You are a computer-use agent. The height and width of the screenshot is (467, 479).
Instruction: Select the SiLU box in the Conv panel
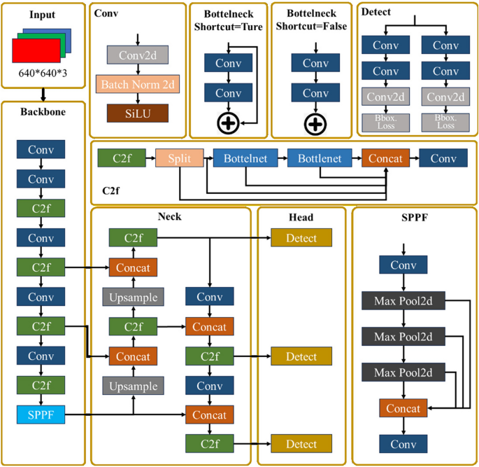point(138,113)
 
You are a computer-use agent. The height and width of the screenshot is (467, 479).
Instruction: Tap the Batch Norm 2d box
point(138,85)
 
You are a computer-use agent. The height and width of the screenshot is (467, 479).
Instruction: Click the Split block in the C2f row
point(179,159)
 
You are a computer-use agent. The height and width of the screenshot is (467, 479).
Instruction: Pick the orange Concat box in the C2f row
point(385,159)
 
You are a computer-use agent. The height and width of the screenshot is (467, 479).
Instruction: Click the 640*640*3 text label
point(43,74)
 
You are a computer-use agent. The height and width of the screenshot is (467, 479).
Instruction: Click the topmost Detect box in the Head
point(301,238)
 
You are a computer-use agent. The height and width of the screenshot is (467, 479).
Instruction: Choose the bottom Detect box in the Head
point(301,444)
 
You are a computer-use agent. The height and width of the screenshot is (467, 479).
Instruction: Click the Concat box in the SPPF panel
point(403,408)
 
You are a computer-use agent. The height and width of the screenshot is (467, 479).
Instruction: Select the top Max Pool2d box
point(403,302)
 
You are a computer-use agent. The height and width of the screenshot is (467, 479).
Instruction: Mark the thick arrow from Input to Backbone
point(43,94)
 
